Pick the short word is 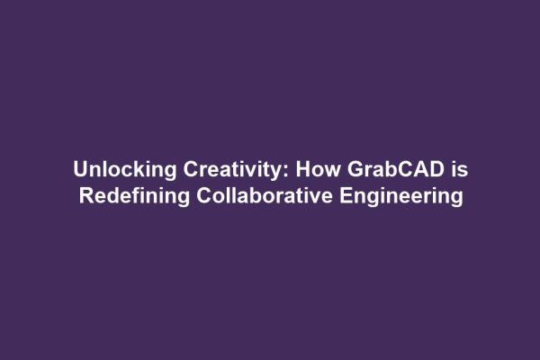pyautogui.click(x=457, y=170)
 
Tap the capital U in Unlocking pyautogui.click(x=80, y=170)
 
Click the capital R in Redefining pyautogui.click(x=85, y=195)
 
